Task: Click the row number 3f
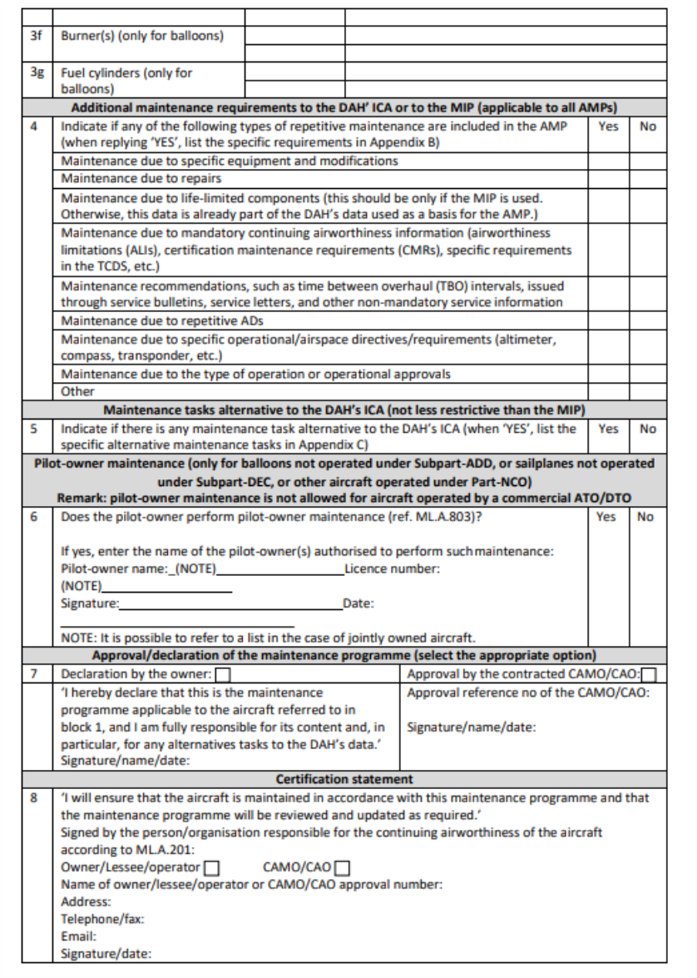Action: coord(36,36)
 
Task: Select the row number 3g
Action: coord(36,72)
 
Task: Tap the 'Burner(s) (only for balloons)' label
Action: coord(141,36)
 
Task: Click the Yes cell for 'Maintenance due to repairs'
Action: coord(608,177)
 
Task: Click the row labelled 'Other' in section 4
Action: coord(78,391)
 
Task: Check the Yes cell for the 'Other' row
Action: coord(608,391)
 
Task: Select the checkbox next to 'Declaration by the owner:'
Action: coord(223,675)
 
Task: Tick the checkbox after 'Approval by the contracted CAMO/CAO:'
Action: coord(650,675)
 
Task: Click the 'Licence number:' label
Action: coord(392,569)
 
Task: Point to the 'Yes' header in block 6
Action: coord(608,517)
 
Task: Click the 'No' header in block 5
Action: coord(647,429)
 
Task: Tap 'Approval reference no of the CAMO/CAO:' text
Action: coord(528,694)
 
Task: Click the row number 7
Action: coord(36,675)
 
